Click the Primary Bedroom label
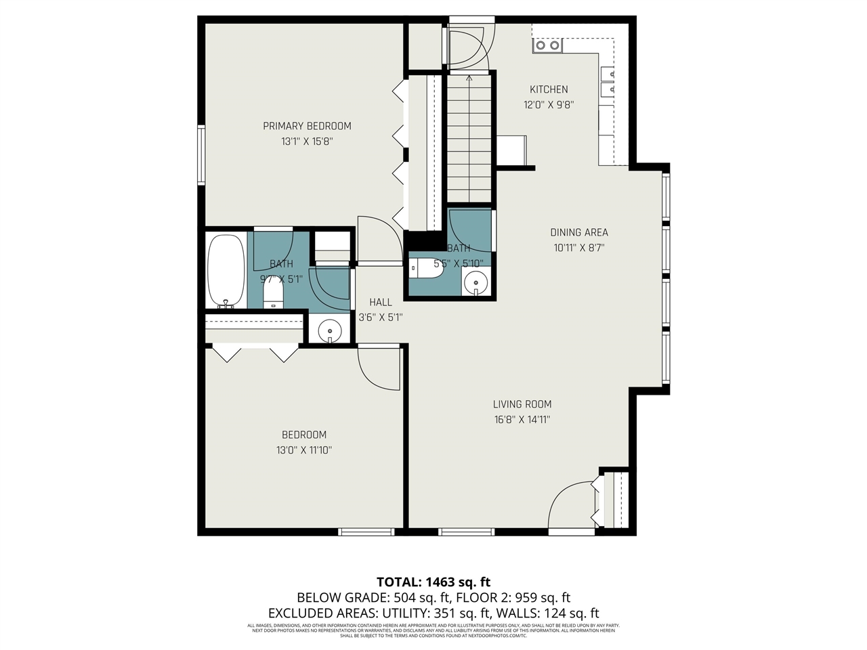tap(307, 126)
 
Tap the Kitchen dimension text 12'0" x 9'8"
tap(549, 105)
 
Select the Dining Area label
tap(578, 232)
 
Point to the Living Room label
tap(522, 404)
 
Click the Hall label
tap(380, 302)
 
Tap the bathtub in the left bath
tap(226, 271)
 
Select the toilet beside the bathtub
tap(273, 293)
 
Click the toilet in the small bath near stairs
tap(427, 269)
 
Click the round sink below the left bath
tap(330, 331)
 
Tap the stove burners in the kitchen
tap(547, 45)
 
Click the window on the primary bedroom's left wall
tap(201, 154)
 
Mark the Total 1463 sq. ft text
tap(433, 582)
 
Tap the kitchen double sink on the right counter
tap(607, 80)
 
